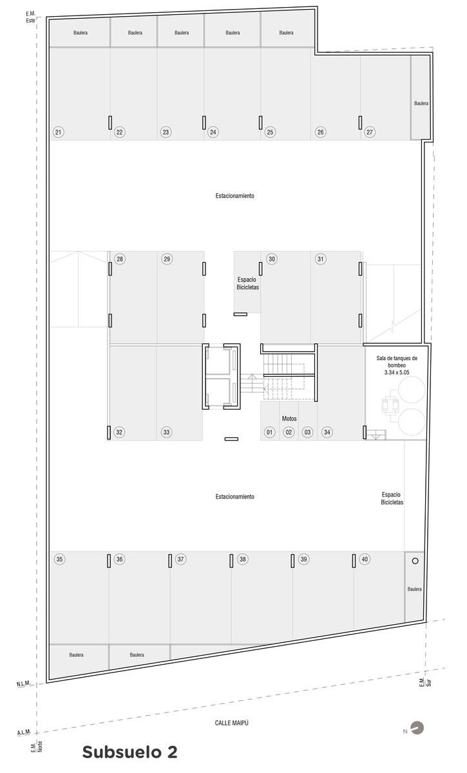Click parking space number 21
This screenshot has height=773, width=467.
point(59,132)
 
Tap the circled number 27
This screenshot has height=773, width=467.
point(370,132)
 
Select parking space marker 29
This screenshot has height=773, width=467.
point(167,259)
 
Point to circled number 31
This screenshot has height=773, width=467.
point(321,259)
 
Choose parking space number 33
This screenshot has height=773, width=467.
point(166,432)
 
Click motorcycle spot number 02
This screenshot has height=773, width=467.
point(289,432)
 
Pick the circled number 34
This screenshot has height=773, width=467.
point(327,432)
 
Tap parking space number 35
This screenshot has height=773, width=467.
point(59,559)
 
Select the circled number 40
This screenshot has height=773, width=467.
point(365,559)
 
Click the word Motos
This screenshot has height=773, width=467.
point(289,419)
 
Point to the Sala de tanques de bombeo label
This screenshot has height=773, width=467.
point(397,361)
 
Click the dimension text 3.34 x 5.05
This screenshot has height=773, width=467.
point(397,372)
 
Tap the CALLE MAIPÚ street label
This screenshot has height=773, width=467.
point(232,723)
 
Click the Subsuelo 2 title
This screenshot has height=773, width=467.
point(129,752)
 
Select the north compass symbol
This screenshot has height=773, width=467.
point(418,728)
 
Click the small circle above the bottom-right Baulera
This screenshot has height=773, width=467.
point(415,561)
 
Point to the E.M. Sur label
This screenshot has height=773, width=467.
point(425,683)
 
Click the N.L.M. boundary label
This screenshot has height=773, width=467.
point(23,683)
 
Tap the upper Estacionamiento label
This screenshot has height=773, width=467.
point(234,196)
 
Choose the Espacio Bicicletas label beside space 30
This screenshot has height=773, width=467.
point(247,283)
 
